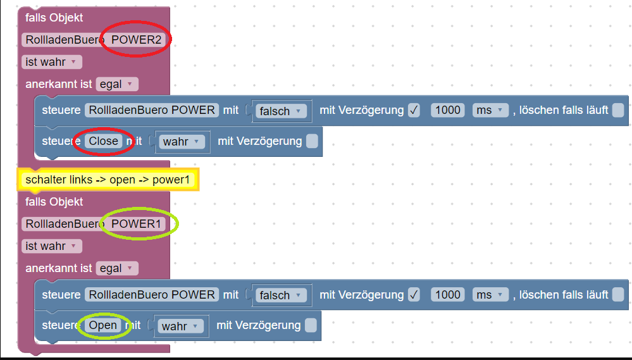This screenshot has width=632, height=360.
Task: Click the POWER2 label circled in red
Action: (137, 40)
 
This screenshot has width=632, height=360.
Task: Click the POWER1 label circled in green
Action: (137, 224)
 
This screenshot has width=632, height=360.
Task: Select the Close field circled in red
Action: (104, 141)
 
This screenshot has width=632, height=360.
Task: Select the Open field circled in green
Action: (103, 325)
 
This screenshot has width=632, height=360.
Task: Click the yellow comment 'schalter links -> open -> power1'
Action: (108, 180)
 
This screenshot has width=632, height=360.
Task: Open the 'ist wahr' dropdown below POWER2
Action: (51, 62)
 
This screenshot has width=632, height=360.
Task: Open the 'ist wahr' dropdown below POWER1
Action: (51, 245)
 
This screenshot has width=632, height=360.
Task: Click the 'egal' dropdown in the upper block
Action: (116, 84)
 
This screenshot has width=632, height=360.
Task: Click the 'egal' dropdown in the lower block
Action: (116, 268)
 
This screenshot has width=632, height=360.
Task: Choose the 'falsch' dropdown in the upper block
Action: (281, 111)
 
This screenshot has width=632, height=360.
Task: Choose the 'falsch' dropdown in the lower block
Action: (281, 295)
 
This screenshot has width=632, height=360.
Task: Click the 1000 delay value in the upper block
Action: (448, 110)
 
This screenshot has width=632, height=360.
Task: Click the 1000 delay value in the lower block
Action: (448, 294)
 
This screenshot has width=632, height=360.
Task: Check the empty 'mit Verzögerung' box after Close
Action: (312, 141)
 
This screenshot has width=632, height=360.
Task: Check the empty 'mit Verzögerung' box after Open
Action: (311, 325)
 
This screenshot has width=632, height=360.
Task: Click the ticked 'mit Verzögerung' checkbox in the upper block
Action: (414, 110)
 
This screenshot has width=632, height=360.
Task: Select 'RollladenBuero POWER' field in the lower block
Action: (152, 294)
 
